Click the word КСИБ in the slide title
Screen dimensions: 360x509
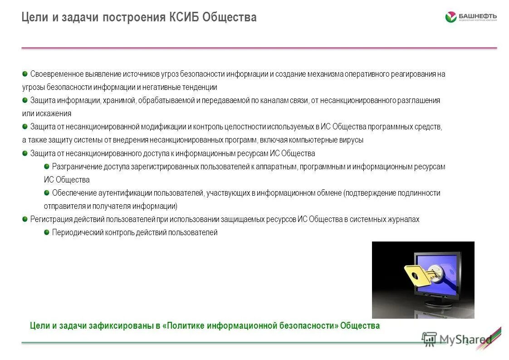tap(183, 18)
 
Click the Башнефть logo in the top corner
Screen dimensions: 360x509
tap(470, 17)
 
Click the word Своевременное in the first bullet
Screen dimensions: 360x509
tap(57, 74)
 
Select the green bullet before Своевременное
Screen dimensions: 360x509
tap(24, 74)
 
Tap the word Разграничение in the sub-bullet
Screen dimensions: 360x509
tap(77, 167)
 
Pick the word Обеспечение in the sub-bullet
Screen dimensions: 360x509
tap(73, 193)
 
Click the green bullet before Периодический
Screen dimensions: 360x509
tap(47, 232)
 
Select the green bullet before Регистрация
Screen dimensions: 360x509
tap(24, 219)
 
